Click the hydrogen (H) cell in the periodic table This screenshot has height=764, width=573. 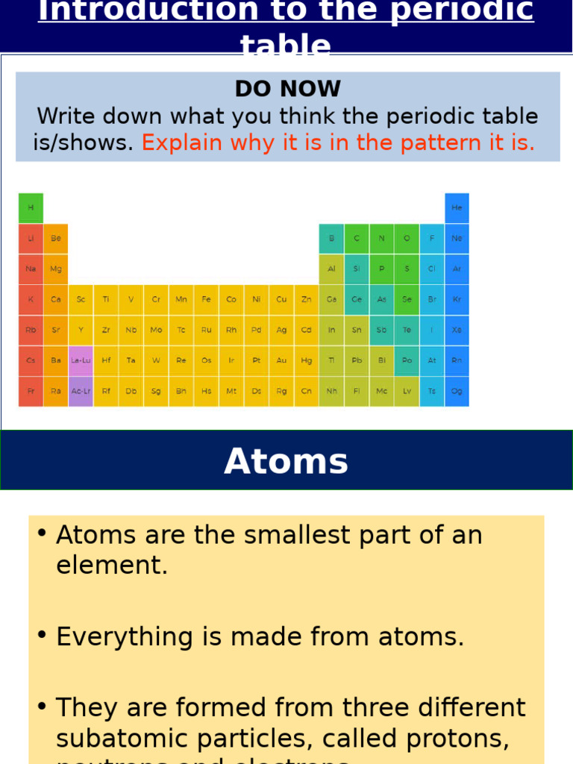[31, 207]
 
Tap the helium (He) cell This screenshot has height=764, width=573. [457, 207]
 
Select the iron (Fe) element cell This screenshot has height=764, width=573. [206, 299]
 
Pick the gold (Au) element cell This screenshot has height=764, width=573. [281, 360]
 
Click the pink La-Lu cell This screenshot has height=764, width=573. [81, 360]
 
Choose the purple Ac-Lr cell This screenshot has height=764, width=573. [81, 391]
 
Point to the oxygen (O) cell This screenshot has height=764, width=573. [407, 238]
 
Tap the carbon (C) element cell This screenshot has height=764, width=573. [357, 238]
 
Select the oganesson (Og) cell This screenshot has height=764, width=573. [457, 391]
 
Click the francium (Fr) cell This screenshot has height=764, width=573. [31, 391]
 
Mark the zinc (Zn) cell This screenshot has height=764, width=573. [306, 299]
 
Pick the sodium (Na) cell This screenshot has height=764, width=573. [31, 269]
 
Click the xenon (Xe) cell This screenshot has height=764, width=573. [457, 330]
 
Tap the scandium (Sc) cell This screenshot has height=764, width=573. [81, 299]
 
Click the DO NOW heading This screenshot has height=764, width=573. [287, 89]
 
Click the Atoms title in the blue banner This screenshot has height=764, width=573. [286, 461]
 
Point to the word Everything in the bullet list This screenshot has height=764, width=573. [116, 636]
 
